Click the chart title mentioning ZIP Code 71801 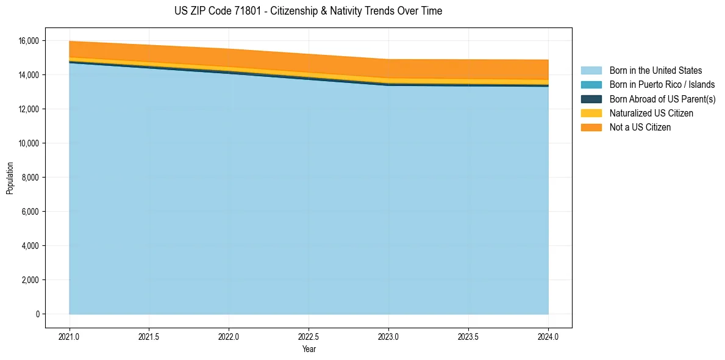coord(308,11)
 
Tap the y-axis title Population coord(10,178)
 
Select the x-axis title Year coord(309,350)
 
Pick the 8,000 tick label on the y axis coord(29,178)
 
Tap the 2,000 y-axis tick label coord(29,280)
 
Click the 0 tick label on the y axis coord(37,314)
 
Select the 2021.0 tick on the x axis coord(70,336)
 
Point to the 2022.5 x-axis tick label coord(309,336)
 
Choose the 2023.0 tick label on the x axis coord(388,336)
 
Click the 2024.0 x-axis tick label coord(548,336)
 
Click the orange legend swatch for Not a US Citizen coord(591,128)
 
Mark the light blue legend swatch coord(591,71)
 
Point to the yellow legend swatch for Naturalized coord(591,113)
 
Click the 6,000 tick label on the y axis coord(29,212)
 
